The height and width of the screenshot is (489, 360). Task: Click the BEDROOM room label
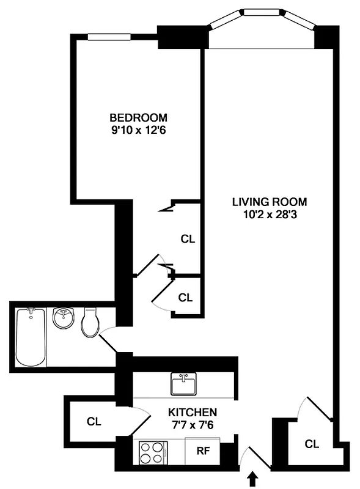tap(138, 117)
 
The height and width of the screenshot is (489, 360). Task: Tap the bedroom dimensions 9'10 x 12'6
tap(138, 130)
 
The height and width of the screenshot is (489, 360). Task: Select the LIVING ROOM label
tap(269, 202)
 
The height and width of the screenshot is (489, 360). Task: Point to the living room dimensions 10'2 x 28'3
tap(269, 215)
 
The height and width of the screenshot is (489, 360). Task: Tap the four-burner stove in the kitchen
tap(152, 453)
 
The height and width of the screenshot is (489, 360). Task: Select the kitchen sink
tap(183, 384)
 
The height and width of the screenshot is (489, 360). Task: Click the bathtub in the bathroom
tap(31, 337)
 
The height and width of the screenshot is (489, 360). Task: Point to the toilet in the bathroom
tap(90, 323)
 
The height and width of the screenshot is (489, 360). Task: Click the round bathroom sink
tap(63, 318)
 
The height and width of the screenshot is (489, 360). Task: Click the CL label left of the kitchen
tap(93, 421)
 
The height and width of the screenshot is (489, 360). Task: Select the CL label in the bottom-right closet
tap(312, 444)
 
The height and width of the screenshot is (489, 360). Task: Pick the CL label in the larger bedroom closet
tap(188, 239)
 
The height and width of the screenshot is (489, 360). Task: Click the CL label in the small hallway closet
tap(185, 298)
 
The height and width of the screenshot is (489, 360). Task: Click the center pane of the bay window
tap(263, 12)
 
